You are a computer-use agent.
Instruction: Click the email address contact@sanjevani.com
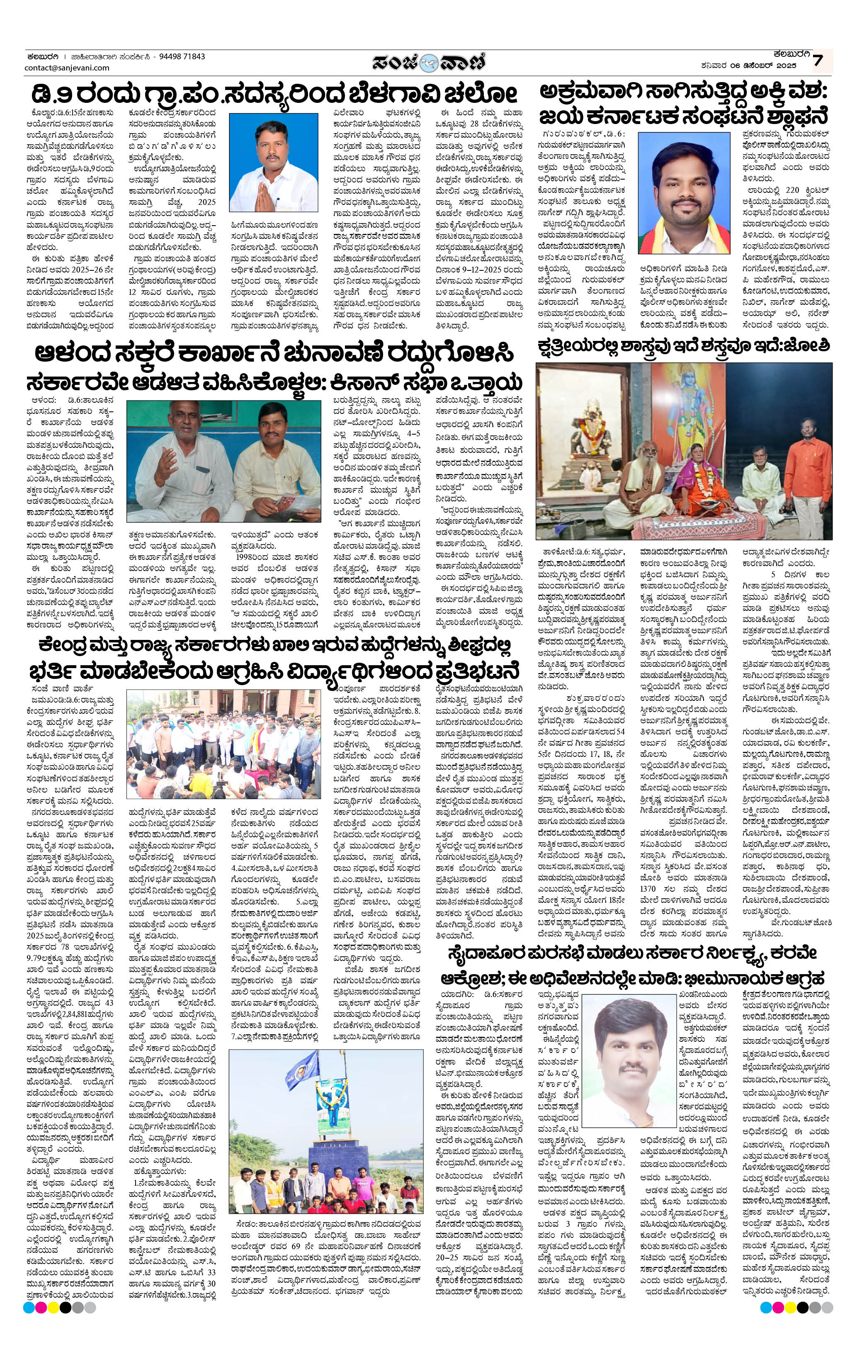coord(67,68)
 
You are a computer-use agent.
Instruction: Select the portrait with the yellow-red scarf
coord(684,192)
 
